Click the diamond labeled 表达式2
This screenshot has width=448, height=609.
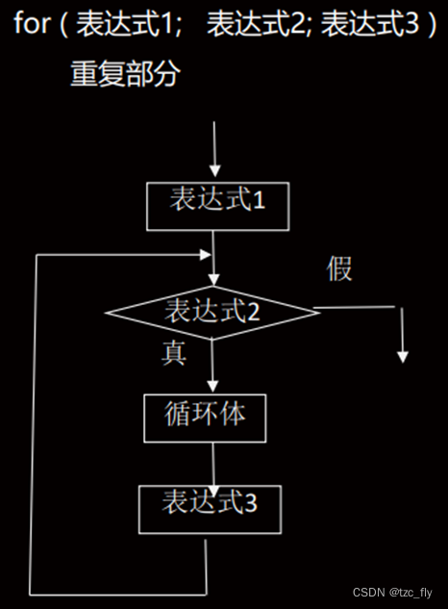[212, 312]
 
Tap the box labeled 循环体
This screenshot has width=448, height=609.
[204, 416]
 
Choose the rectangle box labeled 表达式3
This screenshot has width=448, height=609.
[210, 507]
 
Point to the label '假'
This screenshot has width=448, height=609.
[339, 269]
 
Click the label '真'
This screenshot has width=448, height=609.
[173, 354]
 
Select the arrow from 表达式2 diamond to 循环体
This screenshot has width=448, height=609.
[212, 366]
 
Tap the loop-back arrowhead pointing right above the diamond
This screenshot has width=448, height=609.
[205, 255]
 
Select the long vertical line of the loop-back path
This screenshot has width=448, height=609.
[34, 423]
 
